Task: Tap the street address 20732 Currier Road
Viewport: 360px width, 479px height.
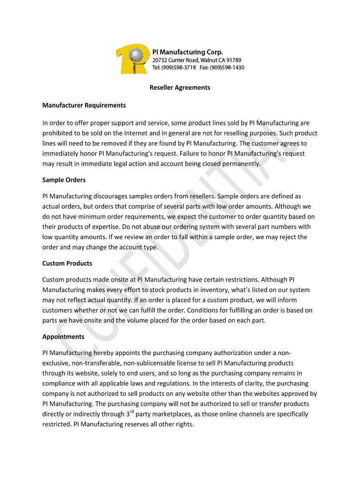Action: coord(176,60)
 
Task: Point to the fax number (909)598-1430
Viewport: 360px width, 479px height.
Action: coord(227,67)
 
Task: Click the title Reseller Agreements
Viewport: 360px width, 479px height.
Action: coord(180,87)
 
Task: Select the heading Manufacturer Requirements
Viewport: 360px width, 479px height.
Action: coord(84,105)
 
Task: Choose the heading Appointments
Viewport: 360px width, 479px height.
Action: coord(63,337)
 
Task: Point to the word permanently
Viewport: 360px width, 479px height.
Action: coord(237,164)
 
